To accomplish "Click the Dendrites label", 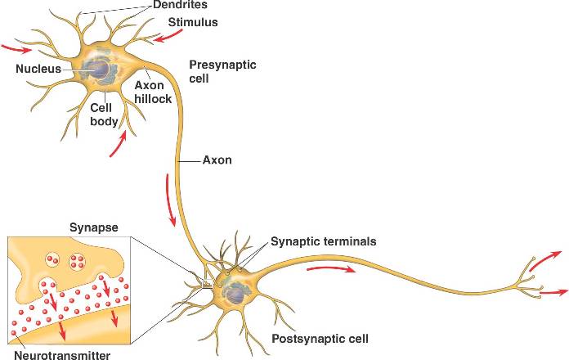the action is (180, 5).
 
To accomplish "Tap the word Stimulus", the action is (193, 22).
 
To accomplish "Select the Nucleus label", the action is (38, 69).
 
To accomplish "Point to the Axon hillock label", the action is (153, 92).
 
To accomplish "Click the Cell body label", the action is (104, 115).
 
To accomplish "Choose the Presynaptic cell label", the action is (222, 71).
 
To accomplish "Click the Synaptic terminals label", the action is (323, 241).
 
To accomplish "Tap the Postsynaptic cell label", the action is (320, 339).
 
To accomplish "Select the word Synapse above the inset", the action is (94, 227).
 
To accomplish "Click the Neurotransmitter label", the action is (62, 355).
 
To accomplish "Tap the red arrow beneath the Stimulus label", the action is (168, 36).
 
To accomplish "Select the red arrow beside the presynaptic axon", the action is (171, 200).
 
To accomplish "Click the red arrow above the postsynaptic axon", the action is (331, 269).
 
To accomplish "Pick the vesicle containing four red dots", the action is (77, 261).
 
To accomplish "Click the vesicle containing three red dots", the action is (52, 259).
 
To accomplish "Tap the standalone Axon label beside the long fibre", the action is (217, 160).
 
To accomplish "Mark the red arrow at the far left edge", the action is (16, 48).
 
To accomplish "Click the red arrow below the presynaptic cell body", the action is (119, 144).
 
